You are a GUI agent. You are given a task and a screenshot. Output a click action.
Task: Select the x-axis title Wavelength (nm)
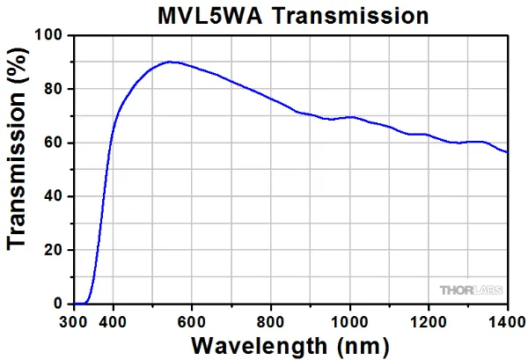pyautogui.click(x=291, y=344)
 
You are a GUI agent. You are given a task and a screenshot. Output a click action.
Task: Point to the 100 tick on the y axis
pyautogui.click(x=53, y=35)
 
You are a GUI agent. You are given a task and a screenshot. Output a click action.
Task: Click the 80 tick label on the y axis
pyautogui.click(x=57, y=89)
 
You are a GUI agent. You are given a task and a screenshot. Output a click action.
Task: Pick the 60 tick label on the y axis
pyautogui.click(x=57, y=143)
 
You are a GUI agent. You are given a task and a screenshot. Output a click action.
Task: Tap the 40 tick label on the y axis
pyautogui.click(x=57, y=196)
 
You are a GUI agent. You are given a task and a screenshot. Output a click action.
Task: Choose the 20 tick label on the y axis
pyautogui.click(x=57, y=250)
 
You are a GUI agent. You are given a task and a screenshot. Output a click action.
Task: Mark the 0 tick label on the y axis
pyautogui.click(x=62, y=304)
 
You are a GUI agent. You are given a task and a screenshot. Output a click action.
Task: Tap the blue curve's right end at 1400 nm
pyautogui.click(x=508, y=152)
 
